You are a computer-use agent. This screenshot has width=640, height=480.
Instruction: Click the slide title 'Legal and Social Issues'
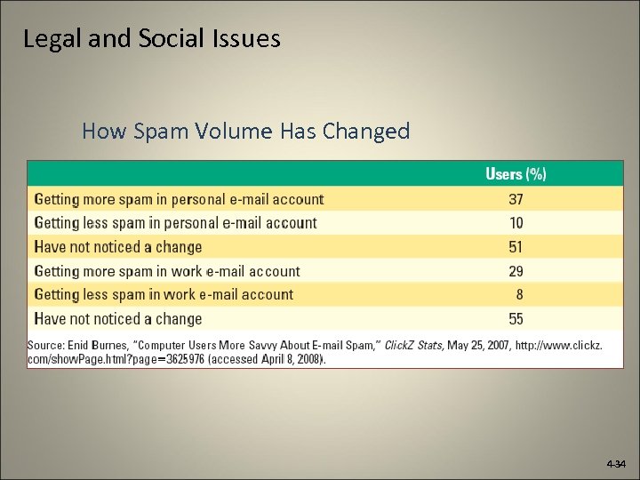(152, 39)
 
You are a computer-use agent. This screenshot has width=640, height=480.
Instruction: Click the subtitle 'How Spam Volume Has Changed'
(246, 132)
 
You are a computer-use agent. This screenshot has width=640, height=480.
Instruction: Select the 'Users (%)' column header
(516, 173)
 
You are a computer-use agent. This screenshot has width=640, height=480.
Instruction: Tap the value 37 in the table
(516, 199)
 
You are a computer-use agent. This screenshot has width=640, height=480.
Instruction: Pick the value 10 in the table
(516, 223)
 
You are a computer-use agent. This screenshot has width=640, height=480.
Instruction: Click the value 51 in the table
(516, 247)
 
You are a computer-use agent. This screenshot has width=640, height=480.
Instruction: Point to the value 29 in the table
(516, 271)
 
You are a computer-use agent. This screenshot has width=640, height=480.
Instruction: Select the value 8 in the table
(519, 294)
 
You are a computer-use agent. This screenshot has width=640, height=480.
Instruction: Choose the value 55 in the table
(516, 318)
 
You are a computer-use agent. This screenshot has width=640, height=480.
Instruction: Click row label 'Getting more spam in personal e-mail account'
(179, 199)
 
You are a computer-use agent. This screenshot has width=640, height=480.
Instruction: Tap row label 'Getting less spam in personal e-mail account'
(175, 223)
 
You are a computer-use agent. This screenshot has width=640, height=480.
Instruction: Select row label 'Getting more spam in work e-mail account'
(167, 271)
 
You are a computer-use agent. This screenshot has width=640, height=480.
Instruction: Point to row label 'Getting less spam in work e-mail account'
(164, 294)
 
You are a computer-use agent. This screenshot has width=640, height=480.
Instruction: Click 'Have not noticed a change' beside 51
(118, 247)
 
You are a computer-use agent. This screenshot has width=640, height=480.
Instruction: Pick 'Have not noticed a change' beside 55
(118, 318)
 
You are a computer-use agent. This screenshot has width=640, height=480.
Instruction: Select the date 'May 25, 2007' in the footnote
(478, 345)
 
